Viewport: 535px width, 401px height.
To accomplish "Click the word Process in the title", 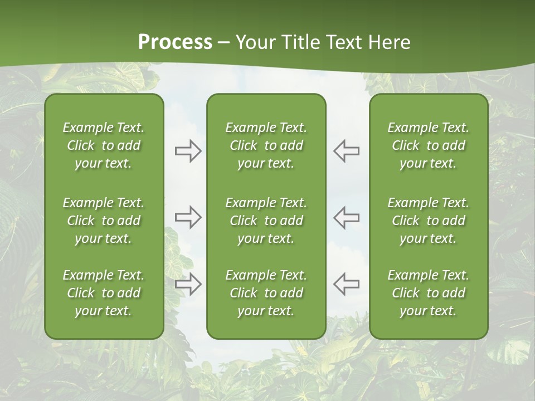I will coord(175,42).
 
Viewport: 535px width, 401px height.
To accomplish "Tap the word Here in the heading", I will coord(388,42).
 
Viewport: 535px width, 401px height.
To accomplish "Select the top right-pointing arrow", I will coord(188,151).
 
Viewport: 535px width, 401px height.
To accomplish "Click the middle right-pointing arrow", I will coord(188,217).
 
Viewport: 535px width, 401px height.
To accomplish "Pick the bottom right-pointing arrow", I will coord(188,283).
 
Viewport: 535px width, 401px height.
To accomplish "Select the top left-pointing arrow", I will coord(347,151).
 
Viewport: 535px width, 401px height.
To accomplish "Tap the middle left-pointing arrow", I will coord(347,217).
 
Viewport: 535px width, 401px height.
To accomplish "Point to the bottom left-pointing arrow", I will coord(347,283).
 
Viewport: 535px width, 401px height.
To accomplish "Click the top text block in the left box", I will coord(104,145).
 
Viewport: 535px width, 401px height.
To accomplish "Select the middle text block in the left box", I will coord(104,221).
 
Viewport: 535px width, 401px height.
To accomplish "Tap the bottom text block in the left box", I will coord(104,293).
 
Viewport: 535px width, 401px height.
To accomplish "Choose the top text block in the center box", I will coord(266,145).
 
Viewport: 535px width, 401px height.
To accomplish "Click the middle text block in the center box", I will coord(266,221).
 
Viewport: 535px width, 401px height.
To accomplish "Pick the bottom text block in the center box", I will coord(266,293).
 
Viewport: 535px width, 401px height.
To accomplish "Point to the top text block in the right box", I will coord(428,145).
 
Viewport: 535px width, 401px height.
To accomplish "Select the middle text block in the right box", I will coord(428,221).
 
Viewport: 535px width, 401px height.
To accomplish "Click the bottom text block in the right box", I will coord(428,293).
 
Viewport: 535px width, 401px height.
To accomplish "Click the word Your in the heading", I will coord(255,42).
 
